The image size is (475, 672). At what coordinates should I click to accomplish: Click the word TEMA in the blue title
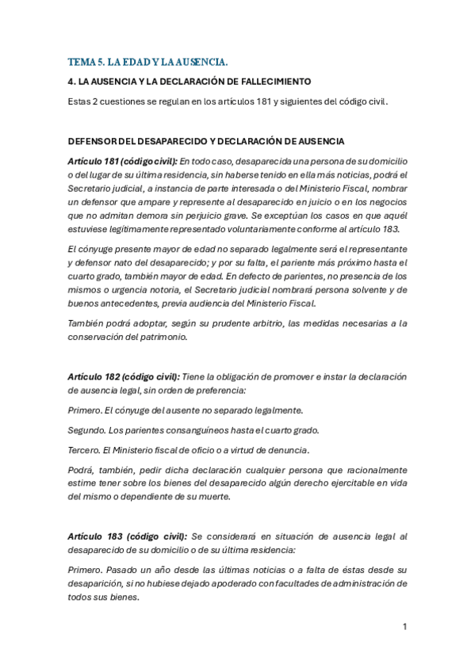[80, 61]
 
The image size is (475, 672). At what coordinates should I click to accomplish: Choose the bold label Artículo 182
[97, 376]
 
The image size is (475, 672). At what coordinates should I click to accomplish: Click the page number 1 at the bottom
[404, 626]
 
